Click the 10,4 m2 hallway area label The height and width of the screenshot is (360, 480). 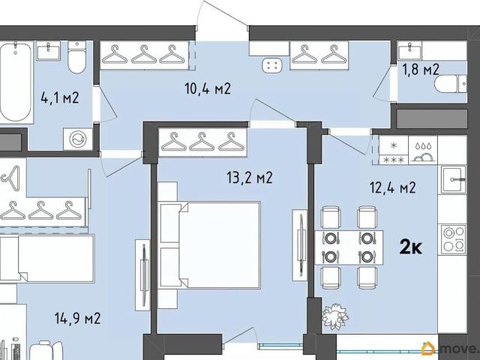click(x=208, y=88)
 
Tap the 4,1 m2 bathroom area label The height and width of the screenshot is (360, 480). click(x=60, y=98)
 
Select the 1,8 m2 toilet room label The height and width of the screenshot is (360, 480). click(x=421, y=70)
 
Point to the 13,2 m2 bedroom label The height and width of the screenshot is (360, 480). click(x=250, y=178)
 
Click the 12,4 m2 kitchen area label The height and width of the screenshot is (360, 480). click(x=393, y=187)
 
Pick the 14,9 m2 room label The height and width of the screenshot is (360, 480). click(x=78, y=318)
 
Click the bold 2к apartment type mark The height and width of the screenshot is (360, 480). click(x=411, y=247)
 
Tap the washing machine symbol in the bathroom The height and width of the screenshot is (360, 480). click(x=78, y=139)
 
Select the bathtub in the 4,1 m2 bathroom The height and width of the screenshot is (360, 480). click(x=16, y=82)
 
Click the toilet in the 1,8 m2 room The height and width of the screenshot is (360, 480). click(x=450, y=84)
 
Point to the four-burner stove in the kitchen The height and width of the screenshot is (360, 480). click(x=454, y=239)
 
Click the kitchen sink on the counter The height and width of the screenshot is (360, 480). click(x=454, y=180)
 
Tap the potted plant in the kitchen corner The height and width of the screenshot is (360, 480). click(x=335, y=316)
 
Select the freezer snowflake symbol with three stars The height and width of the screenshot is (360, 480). click(x=394, y=150)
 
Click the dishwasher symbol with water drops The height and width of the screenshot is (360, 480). click(x=423, y=150)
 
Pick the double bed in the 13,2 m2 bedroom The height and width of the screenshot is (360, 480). click(x=209, y=245)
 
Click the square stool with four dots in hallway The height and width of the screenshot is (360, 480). click(x=271, y=65)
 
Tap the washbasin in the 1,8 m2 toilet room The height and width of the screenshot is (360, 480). click(x=410, y=50)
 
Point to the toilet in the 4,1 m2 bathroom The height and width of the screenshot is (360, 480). click(x=76, y=57)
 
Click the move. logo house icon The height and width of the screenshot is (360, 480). click(x=428, y=349)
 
